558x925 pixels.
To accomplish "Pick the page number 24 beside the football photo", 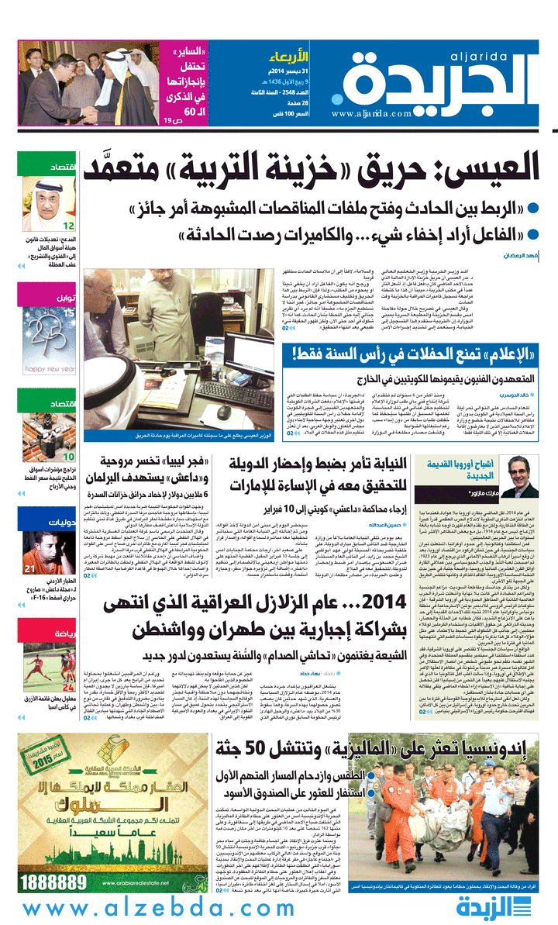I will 68,665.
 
